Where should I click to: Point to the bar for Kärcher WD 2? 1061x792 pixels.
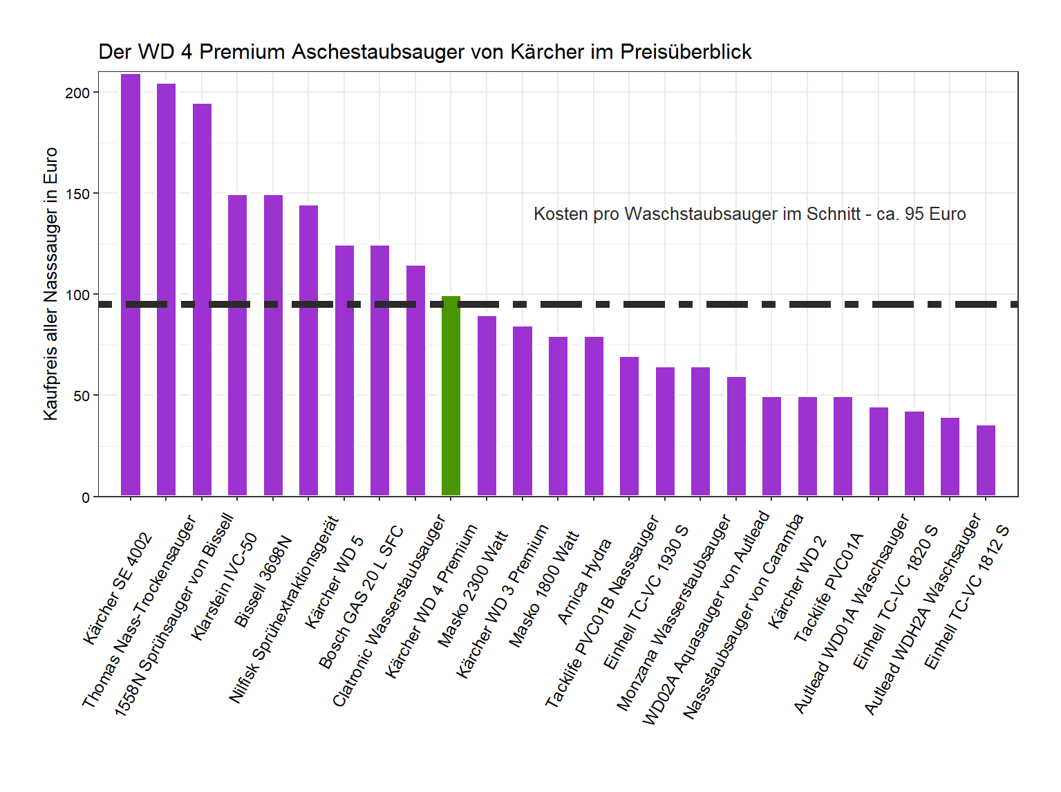coord(807,446)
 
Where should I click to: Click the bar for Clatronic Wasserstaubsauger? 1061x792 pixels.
coord(415,380)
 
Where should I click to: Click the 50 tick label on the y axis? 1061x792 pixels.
coord(82,396)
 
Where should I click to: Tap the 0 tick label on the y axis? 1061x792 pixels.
coord(86,497)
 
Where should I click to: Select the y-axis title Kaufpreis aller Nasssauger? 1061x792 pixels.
coord(50,284)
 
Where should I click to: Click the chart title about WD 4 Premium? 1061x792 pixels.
coord(424,52)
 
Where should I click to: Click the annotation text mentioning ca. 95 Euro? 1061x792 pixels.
coord(749,214)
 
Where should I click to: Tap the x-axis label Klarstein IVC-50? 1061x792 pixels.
coord(225,586)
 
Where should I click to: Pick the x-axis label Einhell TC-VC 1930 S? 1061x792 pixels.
coord(646,598)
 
